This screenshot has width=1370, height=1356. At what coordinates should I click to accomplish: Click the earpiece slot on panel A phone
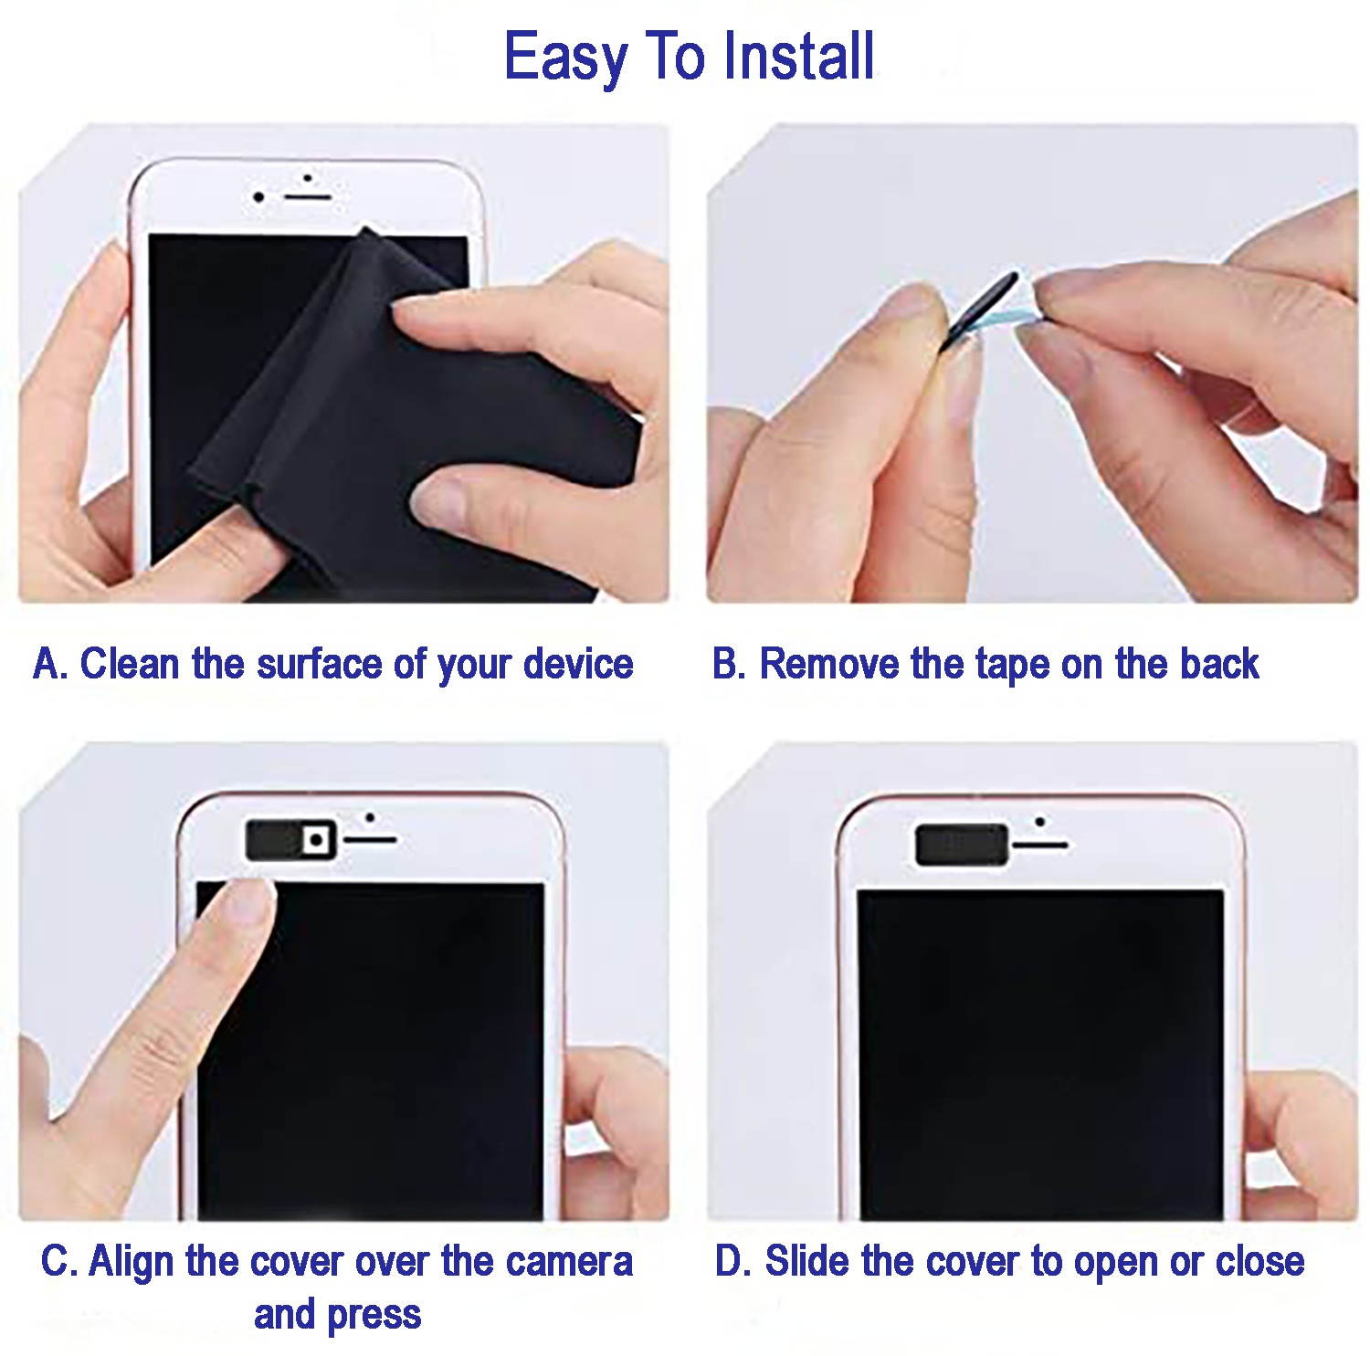[305, 196]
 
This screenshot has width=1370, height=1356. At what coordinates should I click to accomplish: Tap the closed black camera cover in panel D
[962, 844]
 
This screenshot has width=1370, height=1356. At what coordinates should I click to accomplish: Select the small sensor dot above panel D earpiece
[1040, 822]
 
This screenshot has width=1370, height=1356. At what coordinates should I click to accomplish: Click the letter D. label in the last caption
[733, 1261]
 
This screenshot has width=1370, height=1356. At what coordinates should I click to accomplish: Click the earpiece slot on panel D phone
[1040, 845]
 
